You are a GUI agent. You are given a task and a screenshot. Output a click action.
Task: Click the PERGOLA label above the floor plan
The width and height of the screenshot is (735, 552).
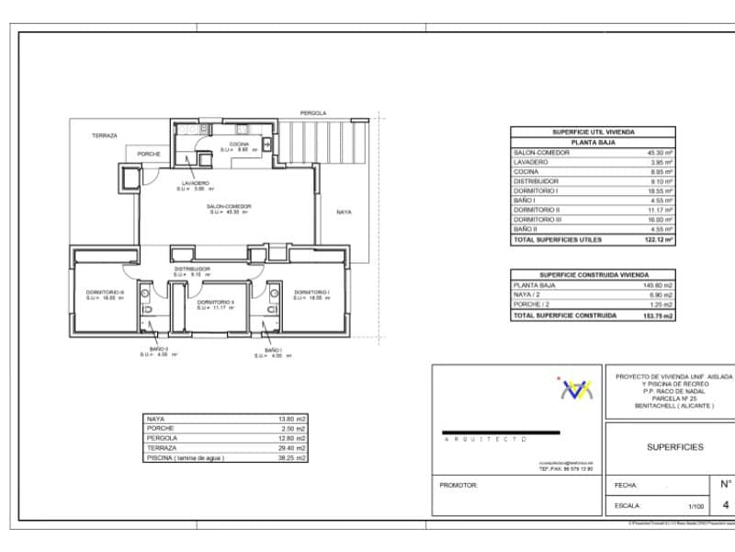pos(312,113)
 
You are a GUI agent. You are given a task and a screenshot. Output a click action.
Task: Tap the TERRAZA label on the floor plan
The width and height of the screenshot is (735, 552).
pos(104,135)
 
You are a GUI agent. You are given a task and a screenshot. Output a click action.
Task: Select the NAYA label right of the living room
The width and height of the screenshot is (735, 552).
pos(343,212)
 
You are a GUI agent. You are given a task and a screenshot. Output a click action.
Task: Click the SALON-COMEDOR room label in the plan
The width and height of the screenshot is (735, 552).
pos(229,206)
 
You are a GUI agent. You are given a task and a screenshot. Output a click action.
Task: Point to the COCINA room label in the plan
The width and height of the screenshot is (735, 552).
pos(239,144)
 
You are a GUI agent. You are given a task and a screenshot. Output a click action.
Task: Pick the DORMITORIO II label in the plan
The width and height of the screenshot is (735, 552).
pos(218,302)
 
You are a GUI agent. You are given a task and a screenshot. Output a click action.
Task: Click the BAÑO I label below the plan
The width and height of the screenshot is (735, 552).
pos(273,350)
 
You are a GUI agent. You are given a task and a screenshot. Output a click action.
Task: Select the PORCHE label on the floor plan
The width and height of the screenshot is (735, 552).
pos(149,154)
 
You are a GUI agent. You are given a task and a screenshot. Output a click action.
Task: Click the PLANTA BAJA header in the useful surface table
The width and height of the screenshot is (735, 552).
pos(593,143)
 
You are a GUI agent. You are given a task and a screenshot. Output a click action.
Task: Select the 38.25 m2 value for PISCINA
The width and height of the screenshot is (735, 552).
pos(295,457)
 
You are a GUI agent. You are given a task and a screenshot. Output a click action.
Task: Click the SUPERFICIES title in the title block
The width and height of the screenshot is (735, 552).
pos(675,447)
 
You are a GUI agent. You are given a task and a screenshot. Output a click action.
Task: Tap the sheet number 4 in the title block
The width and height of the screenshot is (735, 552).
pos(726,505)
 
